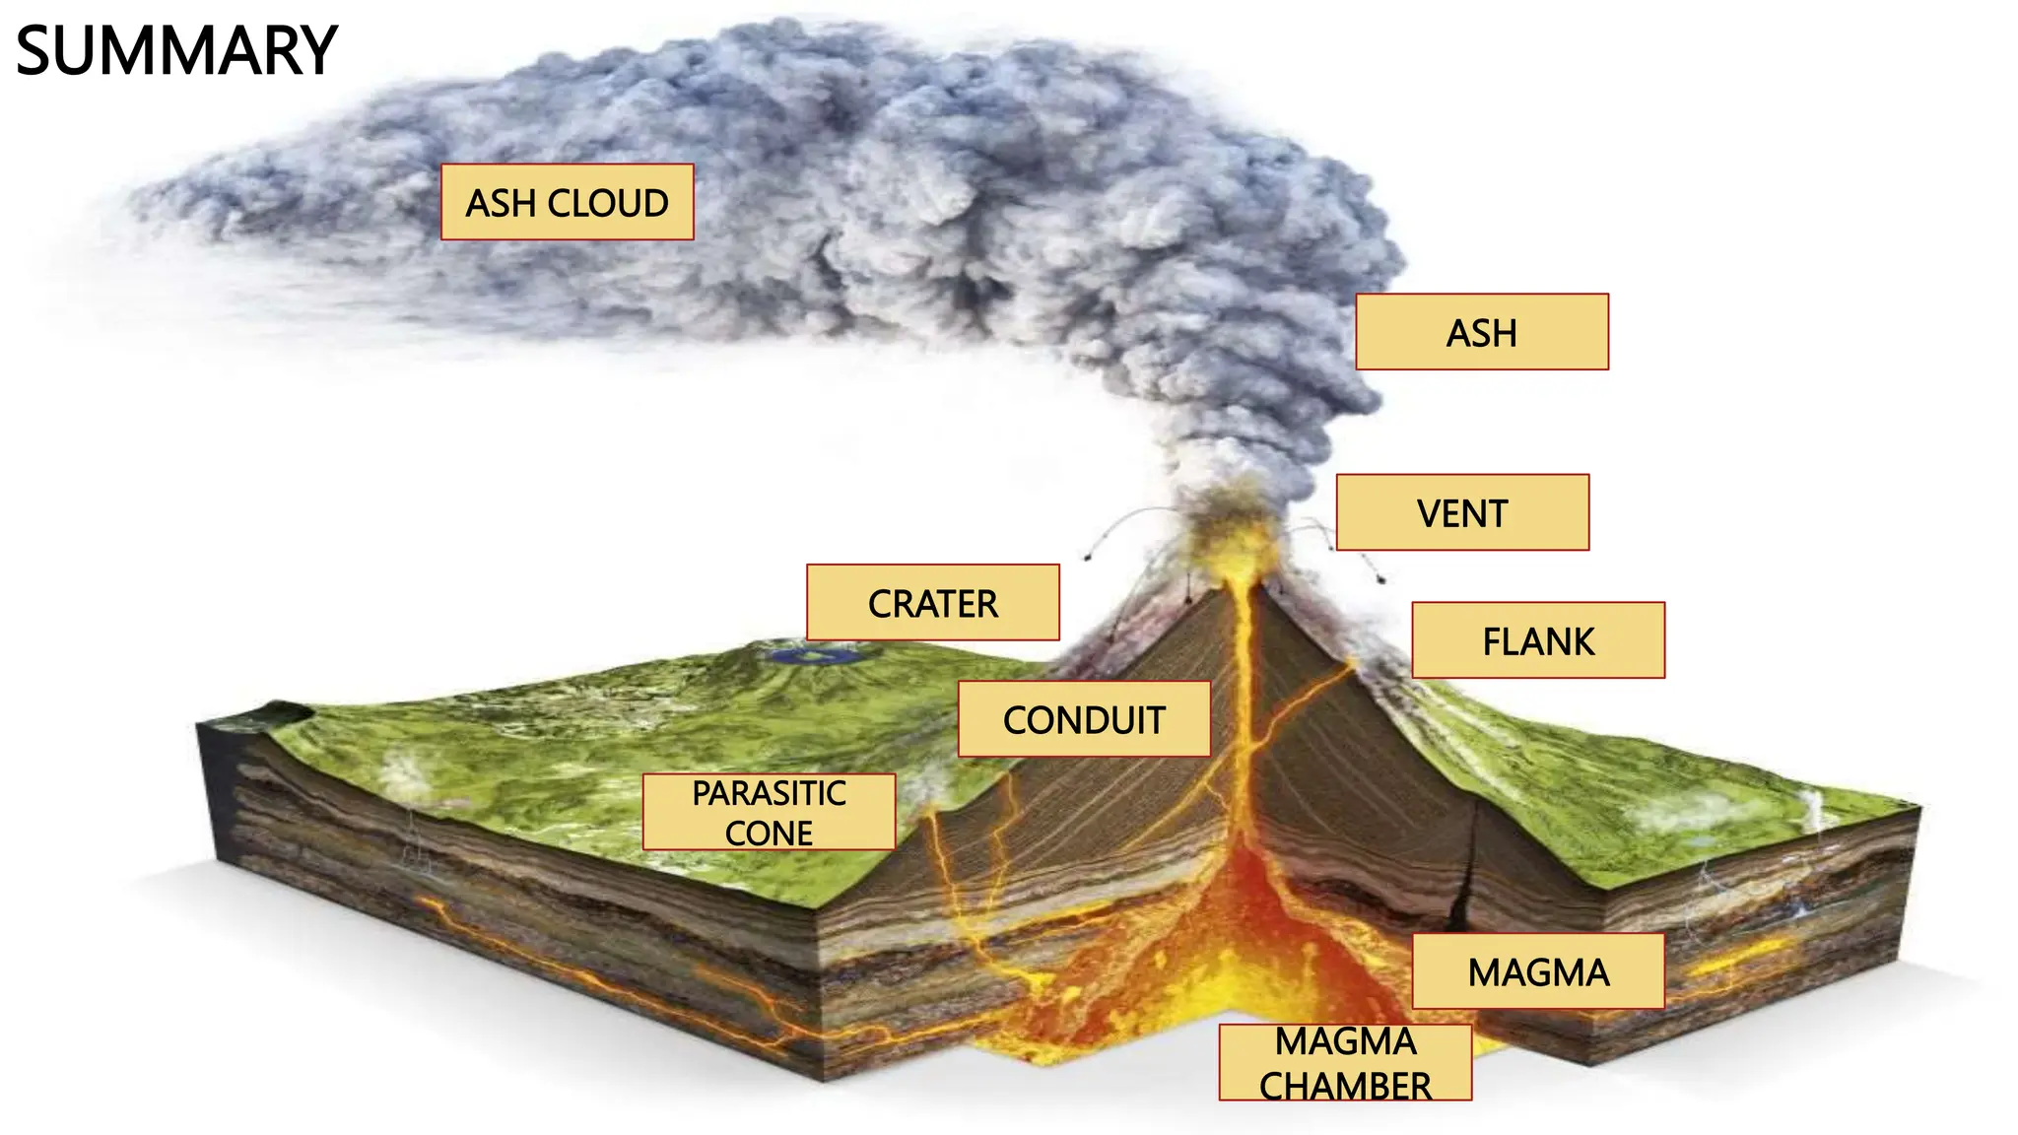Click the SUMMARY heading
(177, 51)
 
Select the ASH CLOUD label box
(567, 202)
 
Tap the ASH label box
(1481, 332)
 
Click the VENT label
(1462, 512)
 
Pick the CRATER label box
(932, 603)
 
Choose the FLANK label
(1538, 640)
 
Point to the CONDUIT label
(1084, 719)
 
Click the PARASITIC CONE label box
(769, 812)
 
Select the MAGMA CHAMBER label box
(1345, 1062)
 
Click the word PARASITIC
(769, 793)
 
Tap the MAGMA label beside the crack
(1538, 971)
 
